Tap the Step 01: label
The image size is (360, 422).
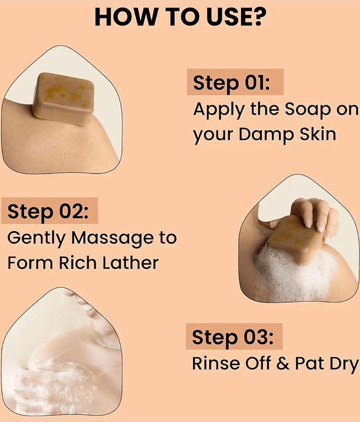pyautogui.click(x=231, y=83)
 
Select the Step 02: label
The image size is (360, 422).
pyautogui.click(x=48, y=212)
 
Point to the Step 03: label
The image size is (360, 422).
pyautogui.click(x=232, y=337)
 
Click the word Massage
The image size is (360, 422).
pyautogui.click(x=113, y=238)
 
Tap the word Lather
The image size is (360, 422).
pyautogui.click(x=130, y=262)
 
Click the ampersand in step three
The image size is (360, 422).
pyautogui.click(x=283, y=363)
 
